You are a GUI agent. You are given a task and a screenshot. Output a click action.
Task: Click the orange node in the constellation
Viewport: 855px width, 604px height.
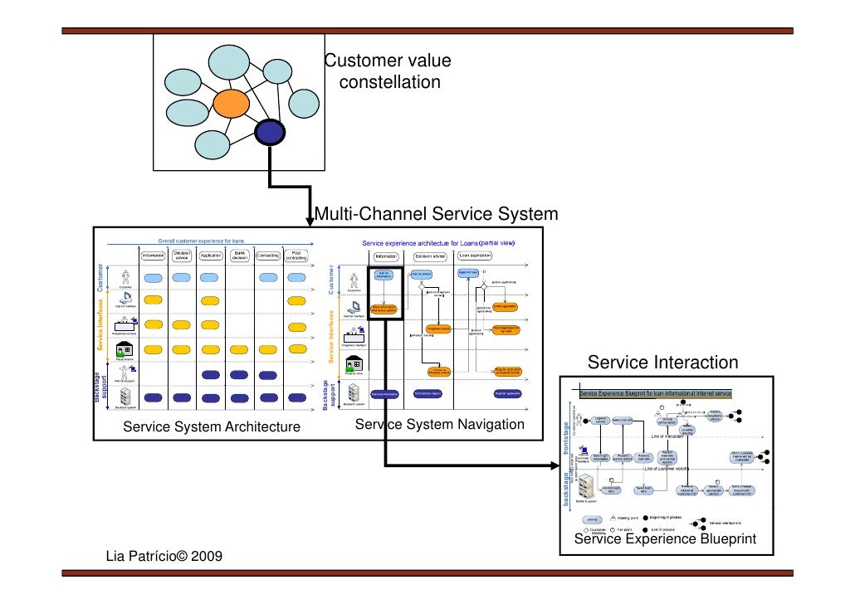(x=231, y=104)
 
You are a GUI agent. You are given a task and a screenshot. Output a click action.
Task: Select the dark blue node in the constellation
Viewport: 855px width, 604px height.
(x=270, y=131)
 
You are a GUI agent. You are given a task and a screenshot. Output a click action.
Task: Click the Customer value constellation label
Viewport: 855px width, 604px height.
(x=388, y=72)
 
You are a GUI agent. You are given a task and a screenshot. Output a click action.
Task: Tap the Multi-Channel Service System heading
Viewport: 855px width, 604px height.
(x=436, y=215)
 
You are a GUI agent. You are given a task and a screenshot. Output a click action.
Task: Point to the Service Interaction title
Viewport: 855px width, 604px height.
(x=662, y=363)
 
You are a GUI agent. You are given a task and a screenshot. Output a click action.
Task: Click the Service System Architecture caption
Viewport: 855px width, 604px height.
(x=212, y=427)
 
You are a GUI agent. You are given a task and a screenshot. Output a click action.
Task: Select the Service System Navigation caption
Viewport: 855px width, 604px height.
(x=440, y=425)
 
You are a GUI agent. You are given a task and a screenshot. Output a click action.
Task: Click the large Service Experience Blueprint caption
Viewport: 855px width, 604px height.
(x=665, y=539)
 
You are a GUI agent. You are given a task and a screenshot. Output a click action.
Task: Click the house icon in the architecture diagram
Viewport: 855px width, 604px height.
(x=125, y=349)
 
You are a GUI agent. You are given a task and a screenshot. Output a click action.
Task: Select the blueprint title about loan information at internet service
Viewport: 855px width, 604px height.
(x=655, y=393)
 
